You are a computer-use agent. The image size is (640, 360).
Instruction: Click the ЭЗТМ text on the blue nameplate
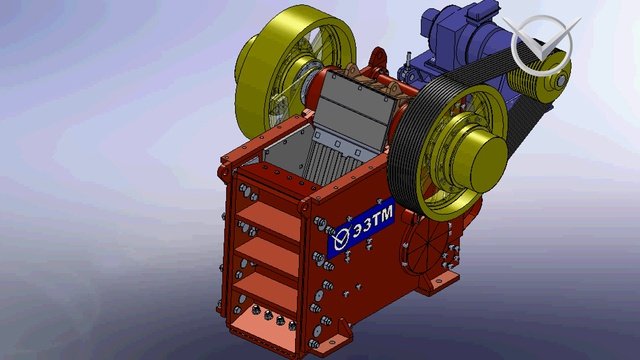coord(373,221)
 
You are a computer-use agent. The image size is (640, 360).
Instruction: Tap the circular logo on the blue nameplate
coord(341,238)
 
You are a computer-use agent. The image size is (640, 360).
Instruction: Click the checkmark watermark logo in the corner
coord(542,45)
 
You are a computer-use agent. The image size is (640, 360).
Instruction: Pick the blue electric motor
coord(461,41)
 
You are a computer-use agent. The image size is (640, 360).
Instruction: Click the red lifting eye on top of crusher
coord(378,60)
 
